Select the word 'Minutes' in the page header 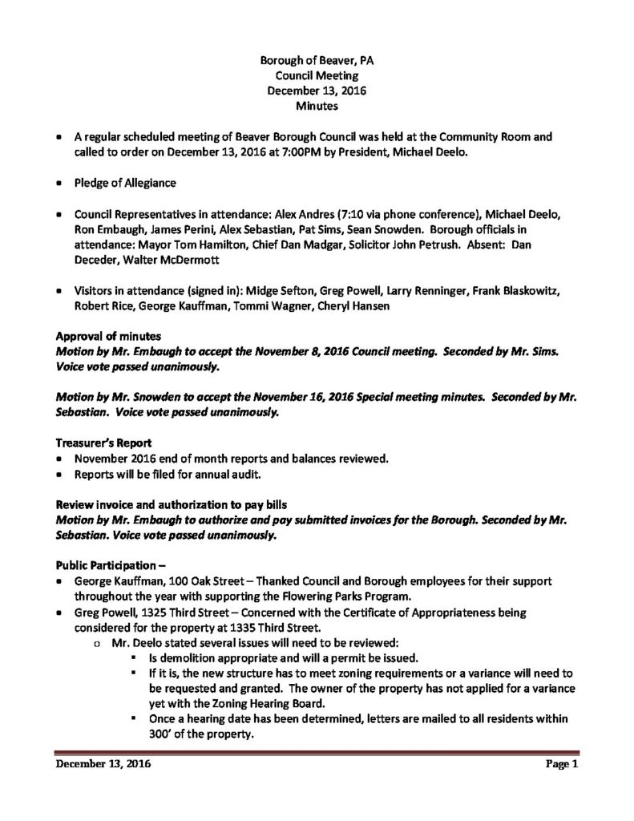pos(316,105)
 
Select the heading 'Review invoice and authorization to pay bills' pos(172,504)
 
